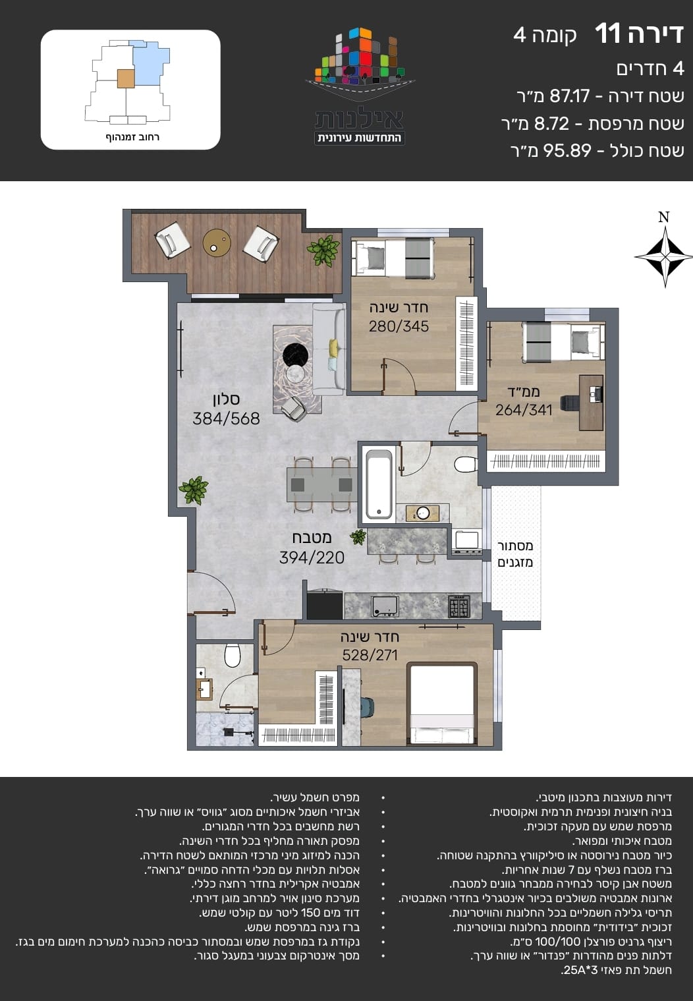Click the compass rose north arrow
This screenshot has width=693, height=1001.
[665, 256]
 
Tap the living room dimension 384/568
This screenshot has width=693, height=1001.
[226, 418]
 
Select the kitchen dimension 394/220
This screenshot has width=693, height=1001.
[312, 558]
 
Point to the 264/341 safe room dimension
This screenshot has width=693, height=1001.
[524, 410]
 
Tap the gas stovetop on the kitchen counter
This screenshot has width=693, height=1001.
[459, 606]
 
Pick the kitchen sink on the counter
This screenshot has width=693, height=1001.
[385, 606]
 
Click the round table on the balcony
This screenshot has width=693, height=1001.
[217, 243]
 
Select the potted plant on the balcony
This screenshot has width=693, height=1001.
[323, 250]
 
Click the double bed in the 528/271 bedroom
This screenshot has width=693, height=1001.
[442, 704]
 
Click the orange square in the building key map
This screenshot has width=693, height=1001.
[126, 78]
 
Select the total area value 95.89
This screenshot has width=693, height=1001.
[567, 151]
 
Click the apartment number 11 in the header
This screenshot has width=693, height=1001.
[607, 34]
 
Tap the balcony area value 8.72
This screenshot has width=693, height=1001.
[552, 124]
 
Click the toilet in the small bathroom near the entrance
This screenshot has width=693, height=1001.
[233, 655]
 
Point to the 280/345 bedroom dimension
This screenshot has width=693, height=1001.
[399, 326]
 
